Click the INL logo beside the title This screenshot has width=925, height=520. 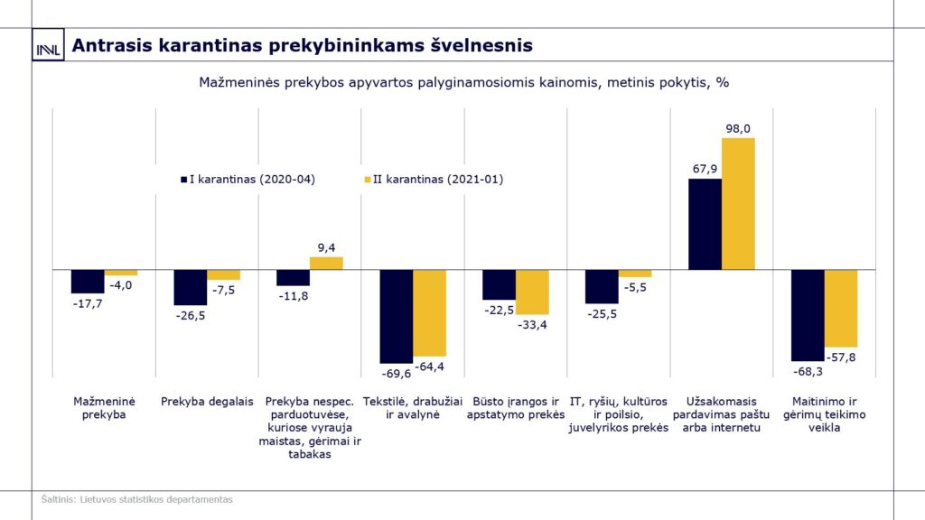pos(47,47)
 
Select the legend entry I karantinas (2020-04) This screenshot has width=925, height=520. pos(248,179)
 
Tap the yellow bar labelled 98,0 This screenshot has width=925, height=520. pos(738,203)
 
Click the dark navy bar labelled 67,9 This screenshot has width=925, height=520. pos(705,224)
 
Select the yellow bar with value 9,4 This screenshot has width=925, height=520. pos(326,264)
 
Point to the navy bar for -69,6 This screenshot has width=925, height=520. pos(396,316)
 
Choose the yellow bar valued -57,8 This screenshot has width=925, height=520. pos(840,308)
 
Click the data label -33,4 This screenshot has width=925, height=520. pos(531,325)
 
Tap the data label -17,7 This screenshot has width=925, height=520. pos(87,304)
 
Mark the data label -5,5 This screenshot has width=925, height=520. pos(634,287)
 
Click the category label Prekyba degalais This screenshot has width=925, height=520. pos(207,402)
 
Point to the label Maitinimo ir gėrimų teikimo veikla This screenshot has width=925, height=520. pos(823,414)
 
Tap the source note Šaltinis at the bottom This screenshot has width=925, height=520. pos(136,498)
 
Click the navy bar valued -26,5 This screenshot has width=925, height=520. pos(190,287)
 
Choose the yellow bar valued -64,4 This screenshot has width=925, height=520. pos(429,312)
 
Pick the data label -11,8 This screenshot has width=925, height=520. pos(292,296)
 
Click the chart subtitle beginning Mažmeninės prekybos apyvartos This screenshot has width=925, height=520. pos(463,82)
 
